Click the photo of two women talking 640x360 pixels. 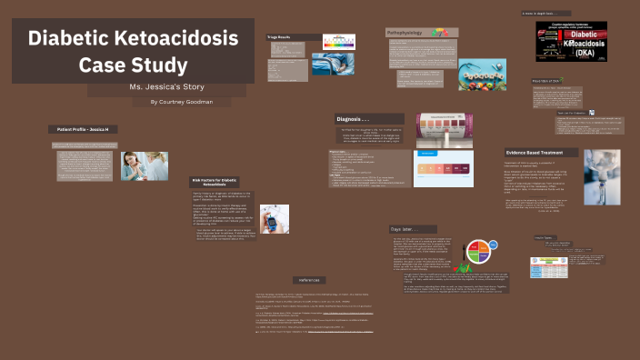pos(145,165)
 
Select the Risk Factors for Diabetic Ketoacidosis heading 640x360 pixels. pos(214,183)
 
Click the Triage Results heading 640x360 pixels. pos(279,37)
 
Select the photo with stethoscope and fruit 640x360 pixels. pos(481,73)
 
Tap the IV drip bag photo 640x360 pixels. pos(600,176)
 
